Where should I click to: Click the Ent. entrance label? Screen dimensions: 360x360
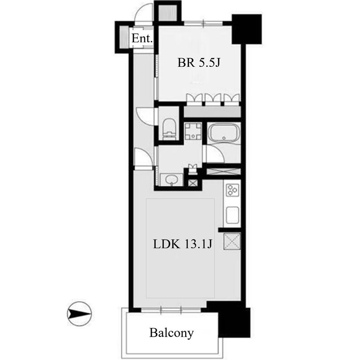tap(142, 38)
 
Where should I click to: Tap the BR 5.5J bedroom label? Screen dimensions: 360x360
tap(199, 63)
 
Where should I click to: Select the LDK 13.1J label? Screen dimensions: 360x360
tap(182, 244)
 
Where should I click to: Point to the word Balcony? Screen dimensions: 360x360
tap(172, 333)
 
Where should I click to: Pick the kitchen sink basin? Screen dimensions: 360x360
tap(233, 215)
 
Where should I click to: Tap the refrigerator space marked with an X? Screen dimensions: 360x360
tap(232, 241)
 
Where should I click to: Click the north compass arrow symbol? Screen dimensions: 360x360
tap(79, 314)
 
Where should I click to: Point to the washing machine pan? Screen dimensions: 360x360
tap(193, 131)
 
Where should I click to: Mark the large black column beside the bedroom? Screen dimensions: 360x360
tap(247, 29)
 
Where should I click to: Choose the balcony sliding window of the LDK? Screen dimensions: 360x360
tap(171, 310)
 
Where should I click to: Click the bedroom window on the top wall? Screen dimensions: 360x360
tap(204, 23)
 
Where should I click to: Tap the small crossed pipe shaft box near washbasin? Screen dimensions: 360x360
tap(193, 183)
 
